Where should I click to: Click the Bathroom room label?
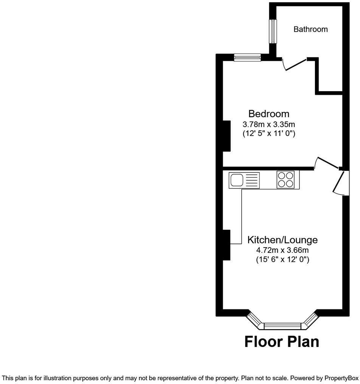click(x=310, y=29)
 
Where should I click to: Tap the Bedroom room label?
click(x=268, y=113)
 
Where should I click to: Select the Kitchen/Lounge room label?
click(x=282, y=240)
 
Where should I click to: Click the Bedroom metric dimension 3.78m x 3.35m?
click(x=268, y=124)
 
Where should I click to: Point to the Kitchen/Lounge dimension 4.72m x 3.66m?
click(x=282, y=250)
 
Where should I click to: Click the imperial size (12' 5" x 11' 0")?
click(x=268, y=133)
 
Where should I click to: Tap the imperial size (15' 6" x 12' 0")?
click(x=282, y=260)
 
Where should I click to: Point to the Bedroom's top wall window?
click(x=247, y=57)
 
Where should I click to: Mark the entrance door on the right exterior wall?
click(x=340, y=183)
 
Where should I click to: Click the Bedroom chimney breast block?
click(x=227, y=136)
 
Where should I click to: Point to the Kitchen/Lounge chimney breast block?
click(x=227, y=245)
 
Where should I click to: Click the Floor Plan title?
click(x=282, y=341)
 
